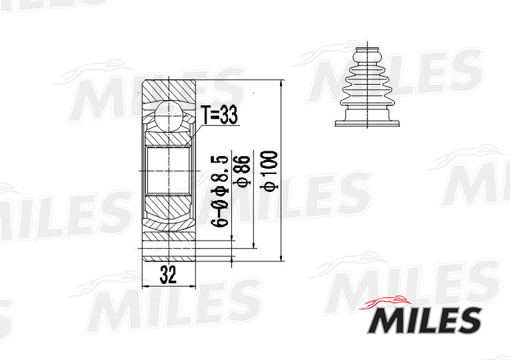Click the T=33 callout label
pyautogui.click(x=219, y=115)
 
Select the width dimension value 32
pyautogui.click(x=168, y=274)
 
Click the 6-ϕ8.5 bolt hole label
pyautogui.click(x=221, y=191)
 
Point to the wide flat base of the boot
pyautogui.click(x=366, y=123)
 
